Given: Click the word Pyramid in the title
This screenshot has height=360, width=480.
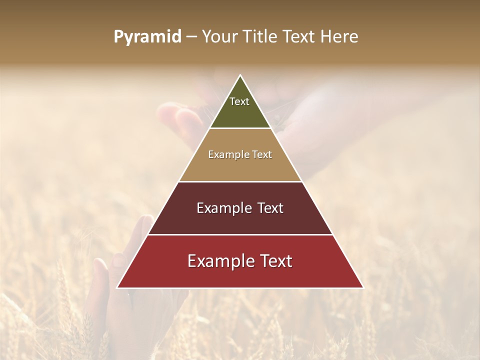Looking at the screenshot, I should pyautogui.click(x=147, y=37).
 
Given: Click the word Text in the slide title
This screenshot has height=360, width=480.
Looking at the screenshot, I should pyautogui.click(x=299, y=37).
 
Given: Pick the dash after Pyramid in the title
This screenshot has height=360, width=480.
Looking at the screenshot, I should pyautogui.click(x=191, y=37).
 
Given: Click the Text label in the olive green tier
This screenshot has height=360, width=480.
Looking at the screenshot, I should pyautogui.click(x=239, y=101).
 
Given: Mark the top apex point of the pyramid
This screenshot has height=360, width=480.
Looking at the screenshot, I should pyautogui.click(x=240, y=75).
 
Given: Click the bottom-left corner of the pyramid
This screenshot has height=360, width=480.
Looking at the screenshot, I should pyautogui.click(x=117, y=287).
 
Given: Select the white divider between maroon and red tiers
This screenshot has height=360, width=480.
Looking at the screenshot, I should pyautogui.click(x=240, y=234).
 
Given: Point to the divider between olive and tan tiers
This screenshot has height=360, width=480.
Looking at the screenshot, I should pyautogui.click(x=240, y=128).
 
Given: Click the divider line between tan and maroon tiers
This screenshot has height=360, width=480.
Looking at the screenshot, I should pyautogui.click(x=240, y=181).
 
